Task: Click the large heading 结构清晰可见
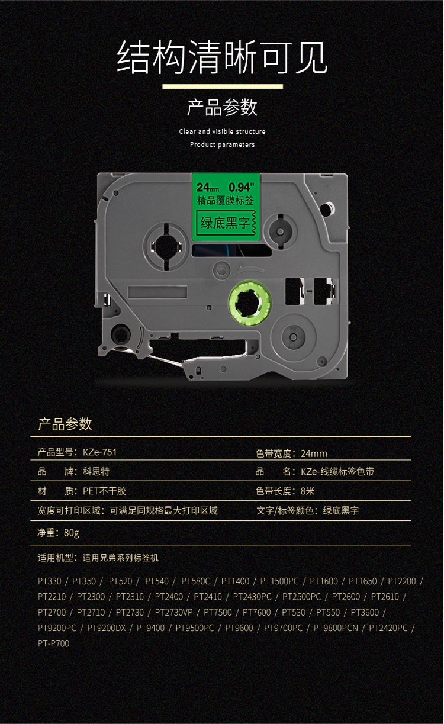coord(222,57)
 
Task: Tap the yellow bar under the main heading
coord(222,86)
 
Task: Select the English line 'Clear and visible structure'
coord(222,131)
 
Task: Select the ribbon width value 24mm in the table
coord(314,453)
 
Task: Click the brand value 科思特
coord(95,472)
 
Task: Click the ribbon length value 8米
coord(308,491)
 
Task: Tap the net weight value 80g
coord(71,533)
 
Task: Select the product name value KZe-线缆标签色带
coord(337,472)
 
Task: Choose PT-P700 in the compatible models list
coord(53,643)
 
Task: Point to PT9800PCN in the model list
coord(336,628)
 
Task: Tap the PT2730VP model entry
coord(174,612)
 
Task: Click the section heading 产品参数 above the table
coord(65,424)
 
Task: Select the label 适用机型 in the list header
coord(56,558)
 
